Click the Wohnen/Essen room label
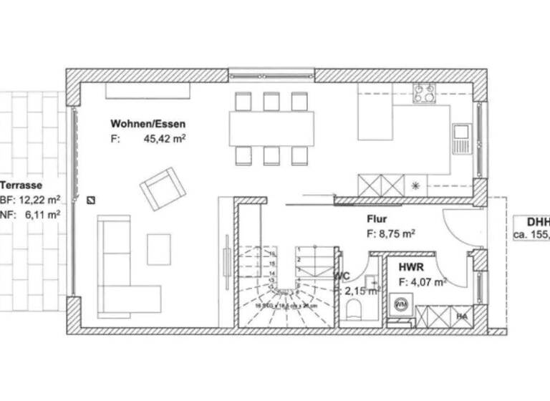click(148, 123)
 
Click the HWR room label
click(411, 267)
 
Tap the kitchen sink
click(460, 134)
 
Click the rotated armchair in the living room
click(163, 188)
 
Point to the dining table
click(271, 129)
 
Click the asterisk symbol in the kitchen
click(415, 185)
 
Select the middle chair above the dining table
click(271, 102)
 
